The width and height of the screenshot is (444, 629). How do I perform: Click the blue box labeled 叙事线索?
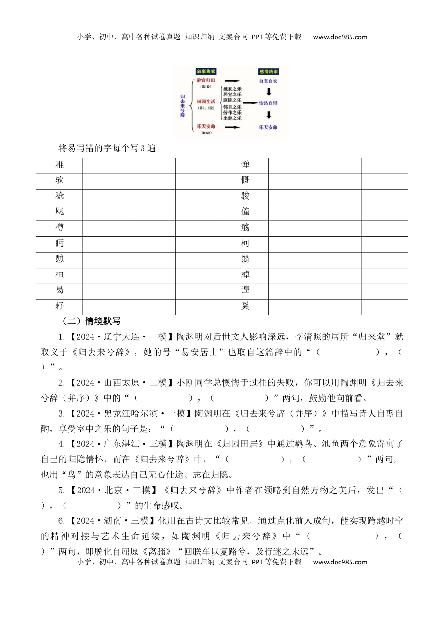click(206, 72)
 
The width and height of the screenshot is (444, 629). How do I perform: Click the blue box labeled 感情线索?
click(269, 72)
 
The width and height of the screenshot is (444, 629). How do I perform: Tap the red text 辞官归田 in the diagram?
click(206, 80)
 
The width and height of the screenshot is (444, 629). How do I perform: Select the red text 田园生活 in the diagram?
click(206, 102)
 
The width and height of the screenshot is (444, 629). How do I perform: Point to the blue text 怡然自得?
click(268, 103)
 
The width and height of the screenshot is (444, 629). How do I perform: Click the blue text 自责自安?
click(268, 81)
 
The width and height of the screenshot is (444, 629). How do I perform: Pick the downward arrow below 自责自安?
click(269, 92)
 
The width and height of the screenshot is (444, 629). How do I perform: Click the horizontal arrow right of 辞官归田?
click(232, 81)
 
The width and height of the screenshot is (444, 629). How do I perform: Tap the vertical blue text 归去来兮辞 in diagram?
click(182, 106)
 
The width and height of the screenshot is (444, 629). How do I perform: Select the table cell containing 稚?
click(59, 165)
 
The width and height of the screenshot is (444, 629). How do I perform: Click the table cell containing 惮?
click(245, 165)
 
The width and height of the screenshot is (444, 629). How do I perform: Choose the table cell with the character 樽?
click(59, 228)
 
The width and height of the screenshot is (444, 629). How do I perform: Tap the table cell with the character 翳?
click(245, 259)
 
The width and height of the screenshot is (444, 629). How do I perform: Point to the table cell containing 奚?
click(245, 307)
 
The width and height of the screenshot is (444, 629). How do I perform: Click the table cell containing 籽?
click(59, 307)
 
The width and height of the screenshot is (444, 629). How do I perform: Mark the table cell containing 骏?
click(245, 197)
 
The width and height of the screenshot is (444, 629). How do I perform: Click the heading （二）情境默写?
click(91, 322)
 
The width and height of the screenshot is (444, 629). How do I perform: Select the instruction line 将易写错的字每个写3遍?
click(107, 148)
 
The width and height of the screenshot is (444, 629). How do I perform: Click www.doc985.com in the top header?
click(340, 37)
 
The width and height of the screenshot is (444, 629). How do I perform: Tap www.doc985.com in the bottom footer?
click(340, 562)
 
